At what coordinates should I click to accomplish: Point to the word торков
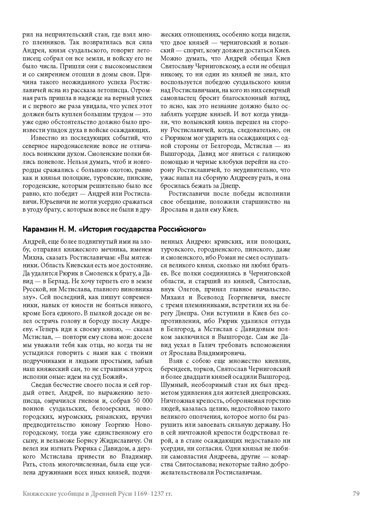[205, 369]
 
